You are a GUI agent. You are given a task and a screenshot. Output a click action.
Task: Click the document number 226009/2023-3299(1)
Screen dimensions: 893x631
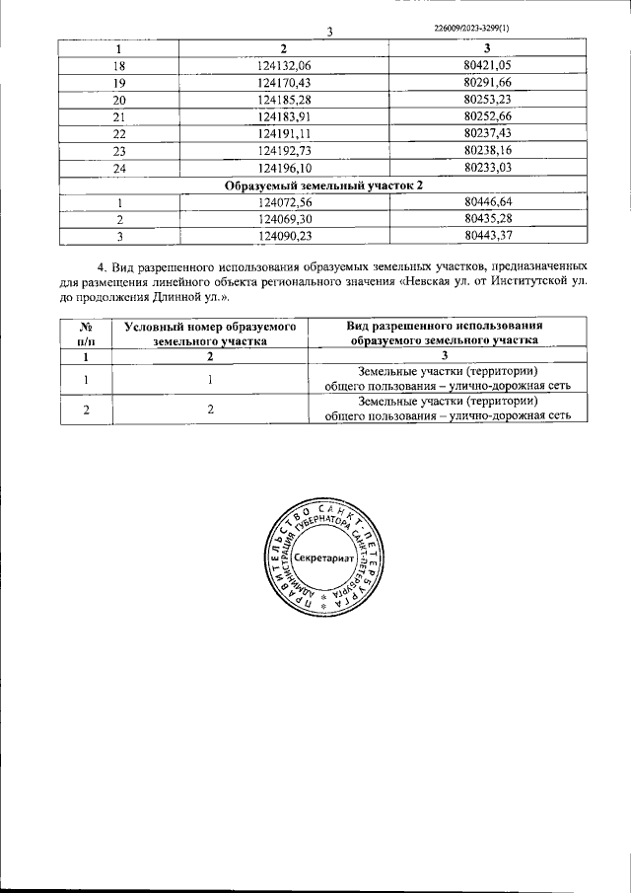point(471,28)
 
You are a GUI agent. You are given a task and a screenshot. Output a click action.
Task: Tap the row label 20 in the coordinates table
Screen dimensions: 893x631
point(119,101)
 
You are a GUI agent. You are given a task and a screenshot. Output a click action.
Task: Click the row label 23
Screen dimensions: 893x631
point(119,152)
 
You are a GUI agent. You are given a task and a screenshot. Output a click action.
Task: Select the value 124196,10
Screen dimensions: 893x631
point(284,169)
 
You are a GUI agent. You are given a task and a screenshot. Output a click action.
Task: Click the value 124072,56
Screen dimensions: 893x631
point(284,202)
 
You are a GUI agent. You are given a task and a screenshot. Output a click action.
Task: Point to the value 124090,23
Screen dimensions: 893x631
point(284,237)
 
